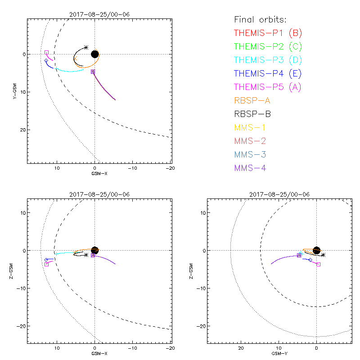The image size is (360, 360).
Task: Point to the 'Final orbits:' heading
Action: point(261,20)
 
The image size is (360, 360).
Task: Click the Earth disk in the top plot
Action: point(94,54)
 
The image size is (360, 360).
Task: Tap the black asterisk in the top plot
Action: point(86,47)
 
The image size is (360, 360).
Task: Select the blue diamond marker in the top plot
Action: point(46,60)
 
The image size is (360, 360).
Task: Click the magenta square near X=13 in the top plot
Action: point(46,53)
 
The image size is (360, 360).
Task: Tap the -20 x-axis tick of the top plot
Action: point(170,168)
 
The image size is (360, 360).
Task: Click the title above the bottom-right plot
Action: point(279,194)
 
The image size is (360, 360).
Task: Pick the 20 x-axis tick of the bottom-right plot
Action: point(241,348)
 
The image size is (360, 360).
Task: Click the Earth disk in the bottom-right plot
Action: point(316,251)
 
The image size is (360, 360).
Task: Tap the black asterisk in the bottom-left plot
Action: point(86,255)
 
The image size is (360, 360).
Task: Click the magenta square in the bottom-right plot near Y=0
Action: point(318,264)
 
